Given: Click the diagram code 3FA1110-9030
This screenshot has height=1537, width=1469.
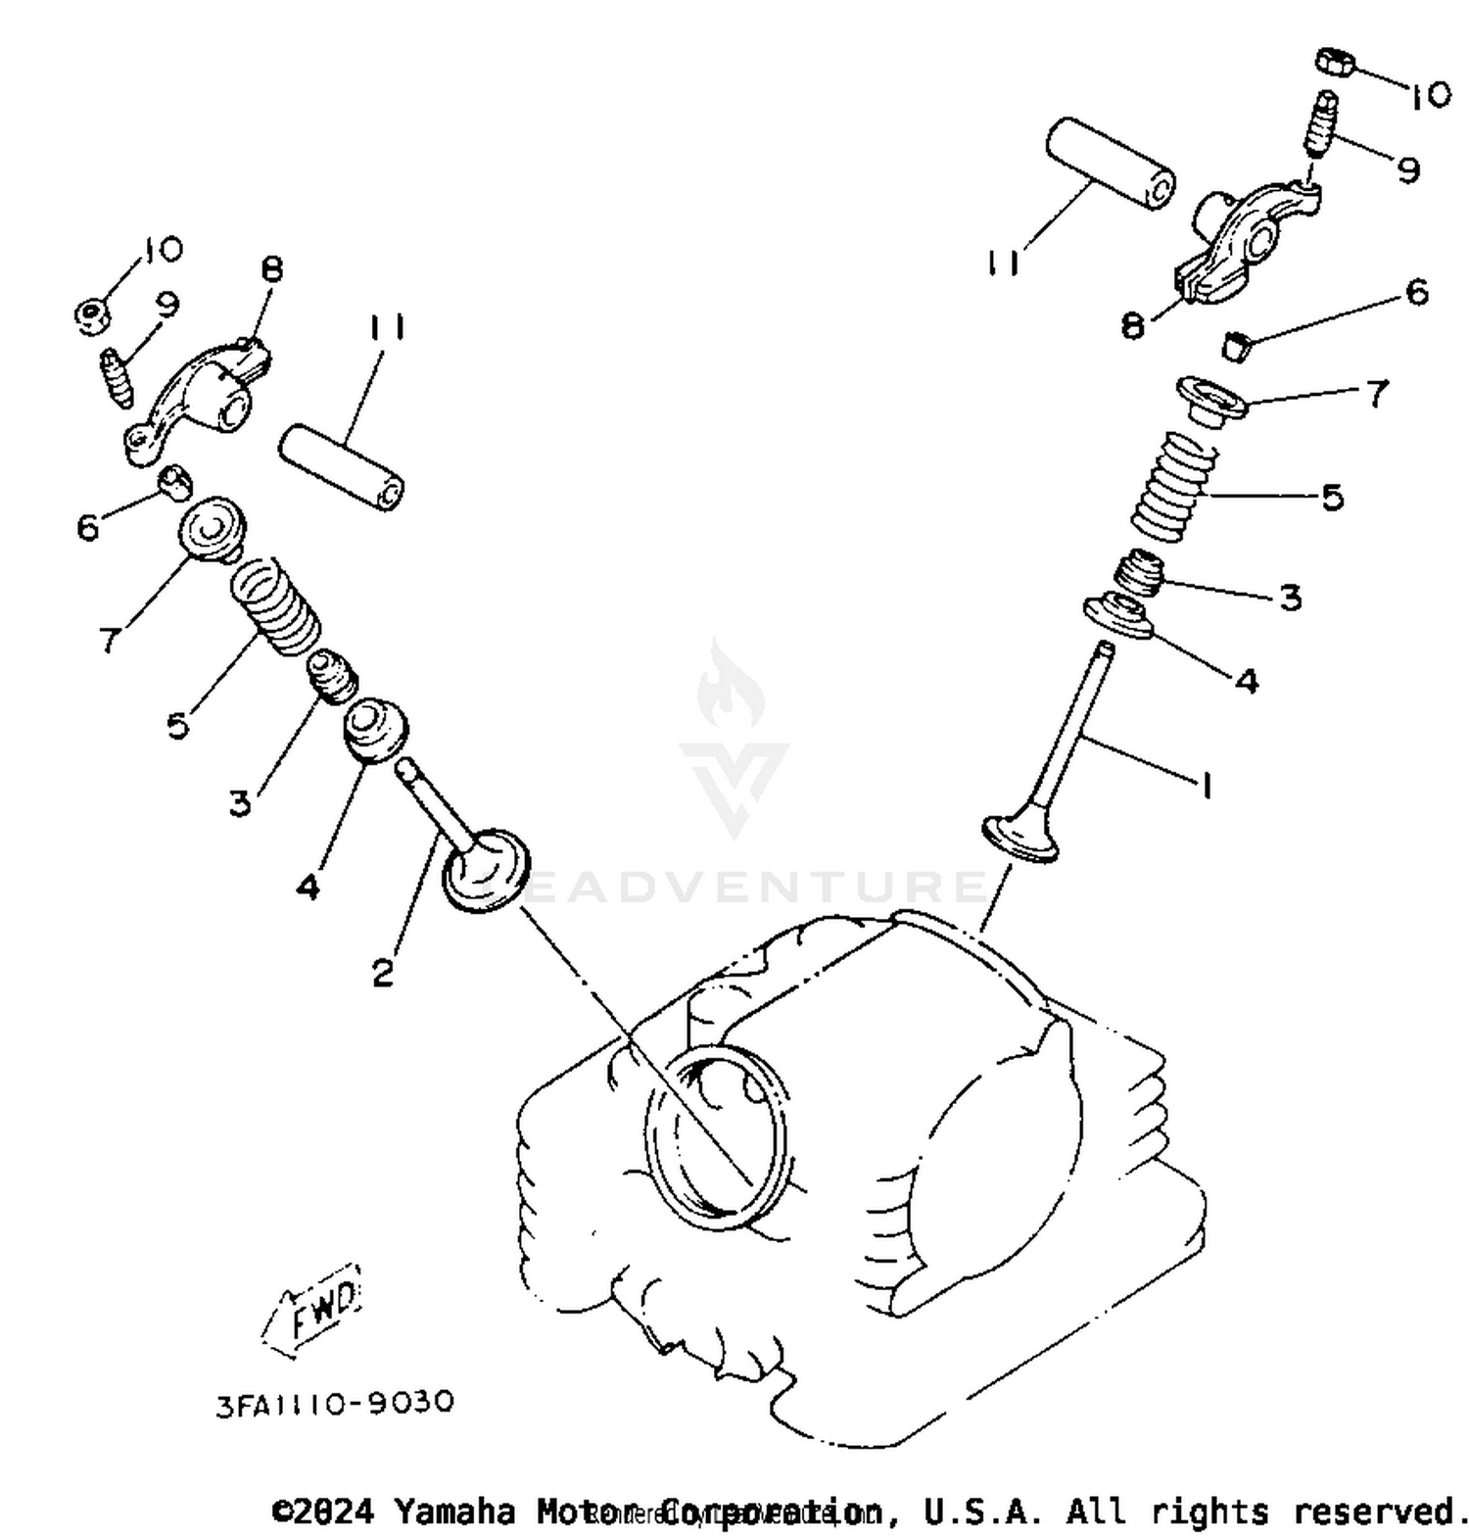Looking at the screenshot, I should [x=335, y=1403].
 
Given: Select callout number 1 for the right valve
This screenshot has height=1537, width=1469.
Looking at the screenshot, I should [x=1207, y=784].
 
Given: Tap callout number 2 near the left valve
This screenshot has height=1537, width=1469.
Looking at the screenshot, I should [x=383, y=972].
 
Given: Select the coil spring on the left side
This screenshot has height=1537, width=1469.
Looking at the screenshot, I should [x=275, y=604].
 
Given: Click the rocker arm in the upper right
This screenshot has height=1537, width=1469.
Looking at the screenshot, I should [x=1244, y=240].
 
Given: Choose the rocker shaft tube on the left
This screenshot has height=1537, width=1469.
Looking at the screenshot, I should [x=342, y=466].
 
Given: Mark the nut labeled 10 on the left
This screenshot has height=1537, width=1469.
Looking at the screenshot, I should [x=92, y=313].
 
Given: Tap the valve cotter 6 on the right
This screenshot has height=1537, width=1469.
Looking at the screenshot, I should [x=1237, y=345].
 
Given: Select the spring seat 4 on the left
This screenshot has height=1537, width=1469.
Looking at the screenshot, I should [x=375, y=730].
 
